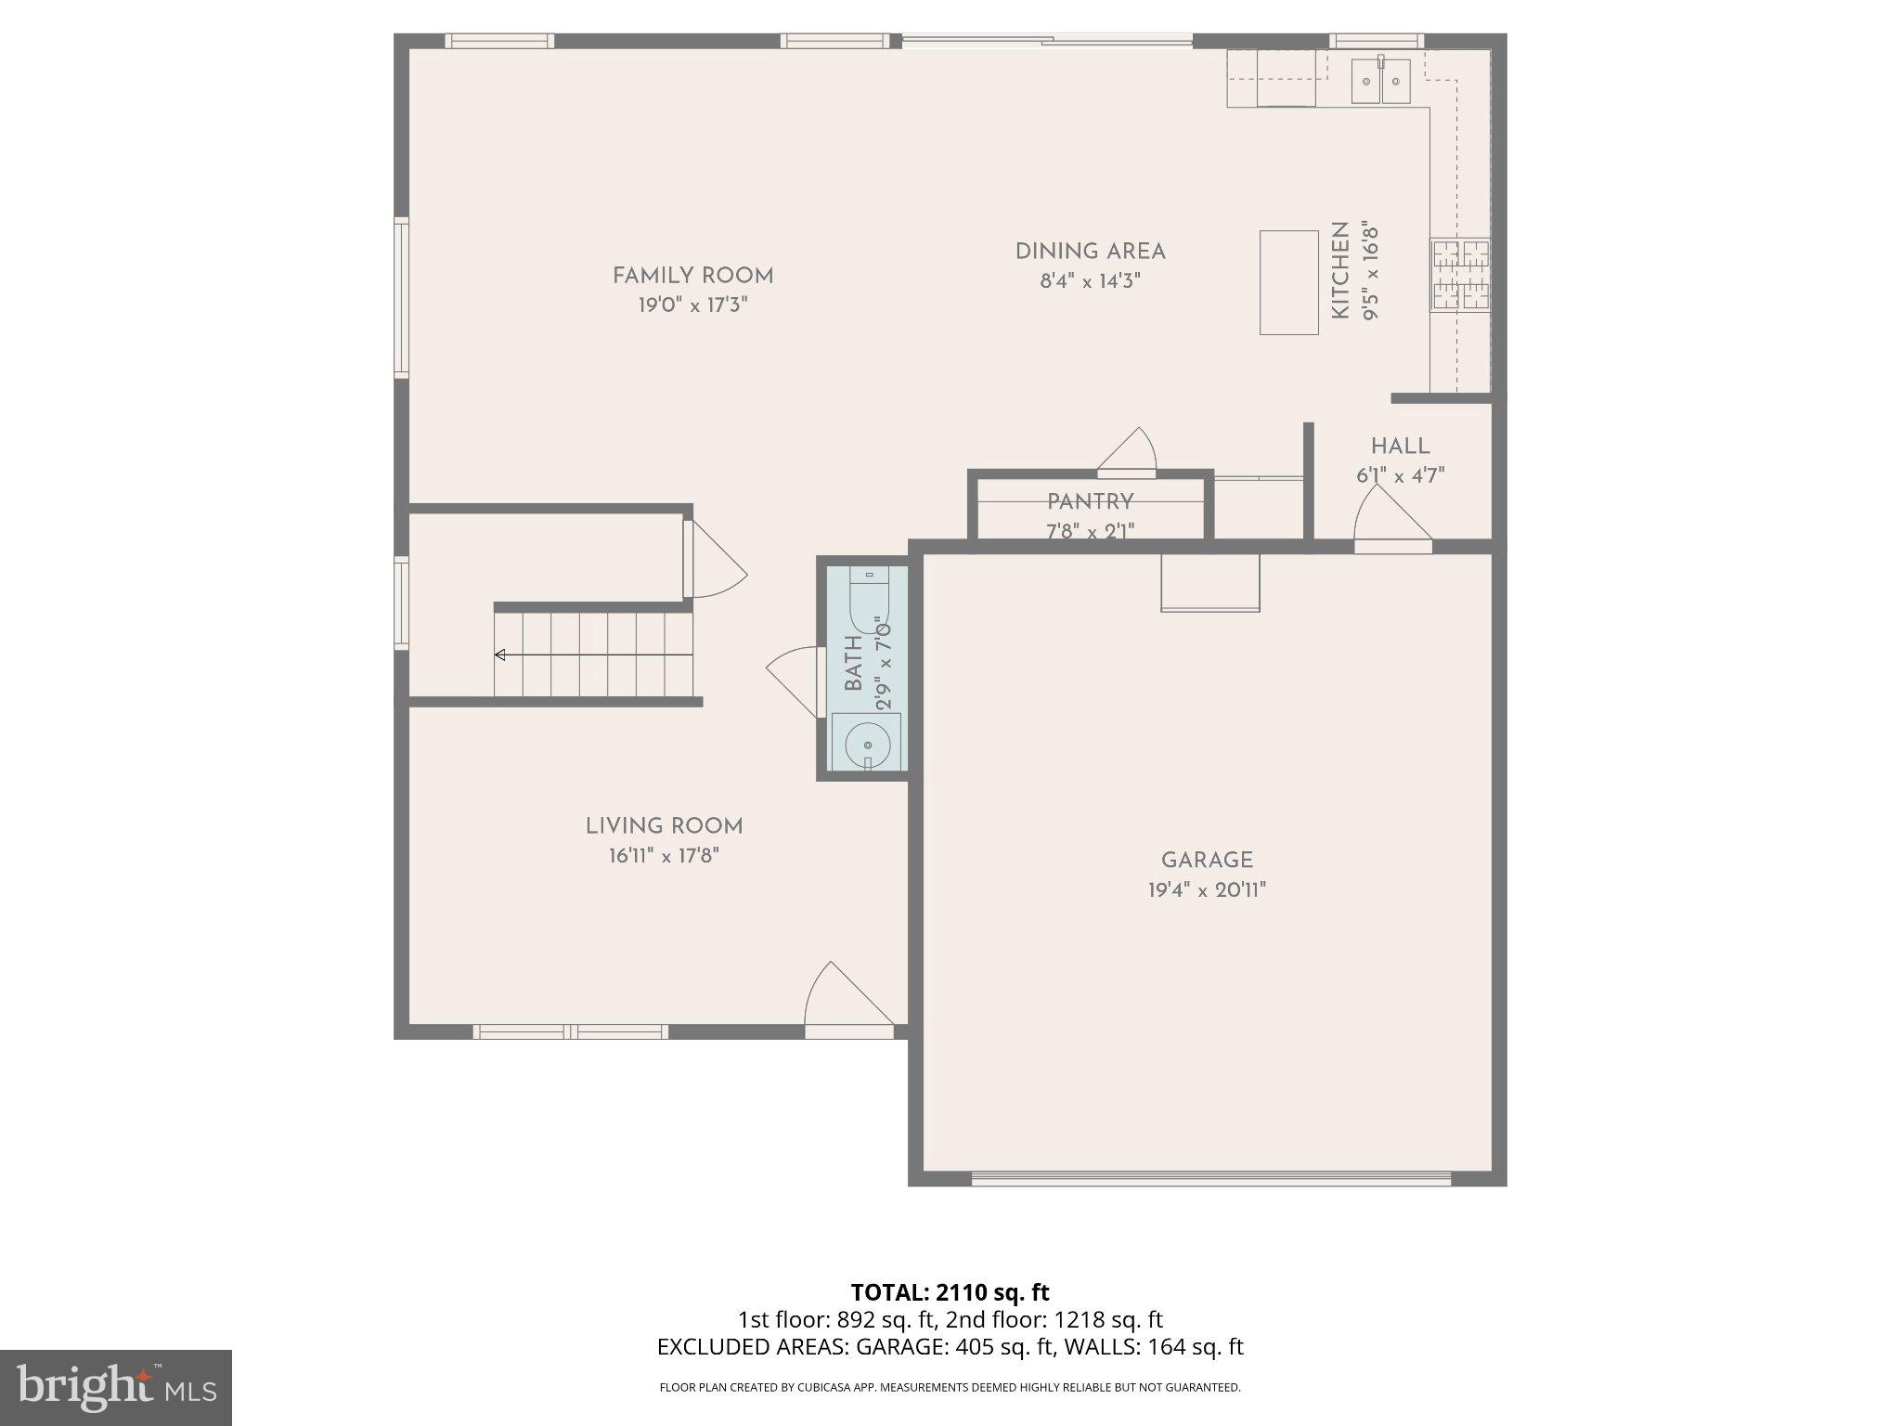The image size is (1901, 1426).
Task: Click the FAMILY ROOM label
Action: click(x=692, y=276)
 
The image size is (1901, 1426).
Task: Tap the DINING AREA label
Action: click(x=1090, y=252)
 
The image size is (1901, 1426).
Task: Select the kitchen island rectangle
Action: click(x=1288, y=282)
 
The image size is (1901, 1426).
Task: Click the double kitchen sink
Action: click(x=1380, y=82)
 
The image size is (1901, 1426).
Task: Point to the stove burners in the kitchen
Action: click(x=1460, y=275)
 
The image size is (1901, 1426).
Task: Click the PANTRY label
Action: click(x=1090, y=502)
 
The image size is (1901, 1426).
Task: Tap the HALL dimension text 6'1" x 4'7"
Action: click(x=1400, y=476)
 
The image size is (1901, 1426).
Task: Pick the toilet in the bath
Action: click(x=869, y=602)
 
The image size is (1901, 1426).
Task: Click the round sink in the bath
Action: click(x=868, y=745)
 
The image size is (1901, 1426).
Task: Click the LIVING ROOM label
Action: click(x=664, y=826)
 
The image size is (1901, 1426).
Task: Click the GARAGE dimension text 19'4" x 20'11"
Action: click(x=1207, y=890)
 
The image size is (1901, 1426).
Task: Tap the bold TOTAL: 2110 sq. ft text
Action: click(x=950, y=1292)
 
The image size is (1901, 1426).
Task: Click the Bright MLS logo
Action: click(x=116, y=1388)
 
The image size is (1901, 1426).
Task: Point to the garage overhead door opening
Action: click(x=1210, y=1179)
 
